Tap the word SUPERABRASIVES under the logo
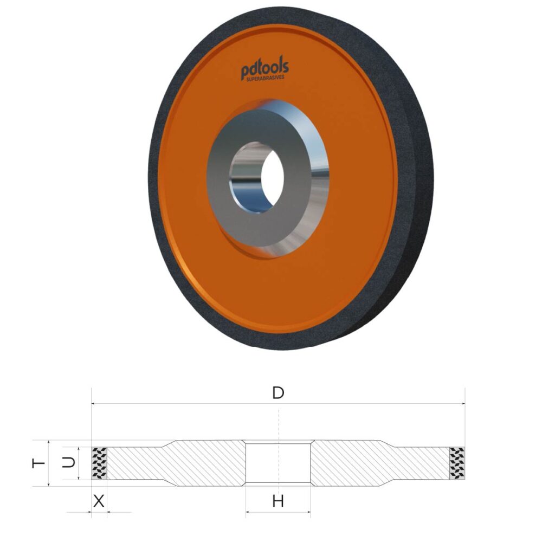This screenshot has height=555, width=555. point(266,78)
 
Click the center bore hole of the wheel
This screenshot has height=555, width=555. point(273,178)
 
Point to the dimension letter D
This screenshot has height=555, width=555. point(278,393)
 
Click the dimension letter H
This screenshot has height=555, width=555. point(278,501)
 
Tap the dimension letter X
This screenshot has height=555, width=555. point(99,501)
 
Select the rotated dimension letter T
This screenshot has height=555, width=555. point(38,463)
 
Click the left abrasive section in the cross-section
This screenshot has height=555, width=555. point(99,463)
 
